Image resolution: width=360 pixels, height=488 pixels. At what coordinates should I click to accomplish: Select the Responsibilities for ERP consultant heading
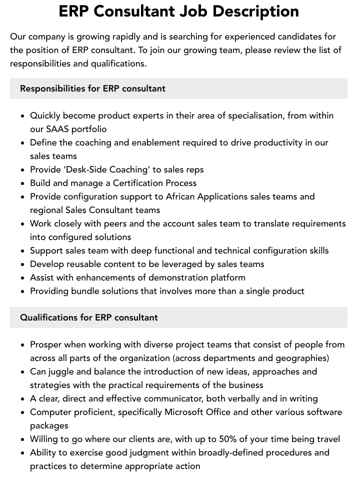[92, 88]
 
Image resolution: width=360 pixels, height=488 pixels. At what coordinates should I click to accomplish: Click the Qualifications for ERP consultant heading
[89, 317]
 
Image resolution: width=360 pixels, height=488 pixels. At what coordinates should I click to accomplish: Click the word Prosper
[46, 344]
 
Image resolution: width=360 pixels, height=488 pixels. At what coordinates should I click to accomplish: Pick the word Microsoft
[186, 412]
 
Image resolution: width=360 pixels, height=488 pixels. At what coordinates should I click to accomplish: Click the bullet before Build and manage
[23, 183]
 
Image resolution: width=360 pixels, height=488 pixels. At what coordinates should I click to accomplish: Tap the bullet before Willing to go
[23, 439]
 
